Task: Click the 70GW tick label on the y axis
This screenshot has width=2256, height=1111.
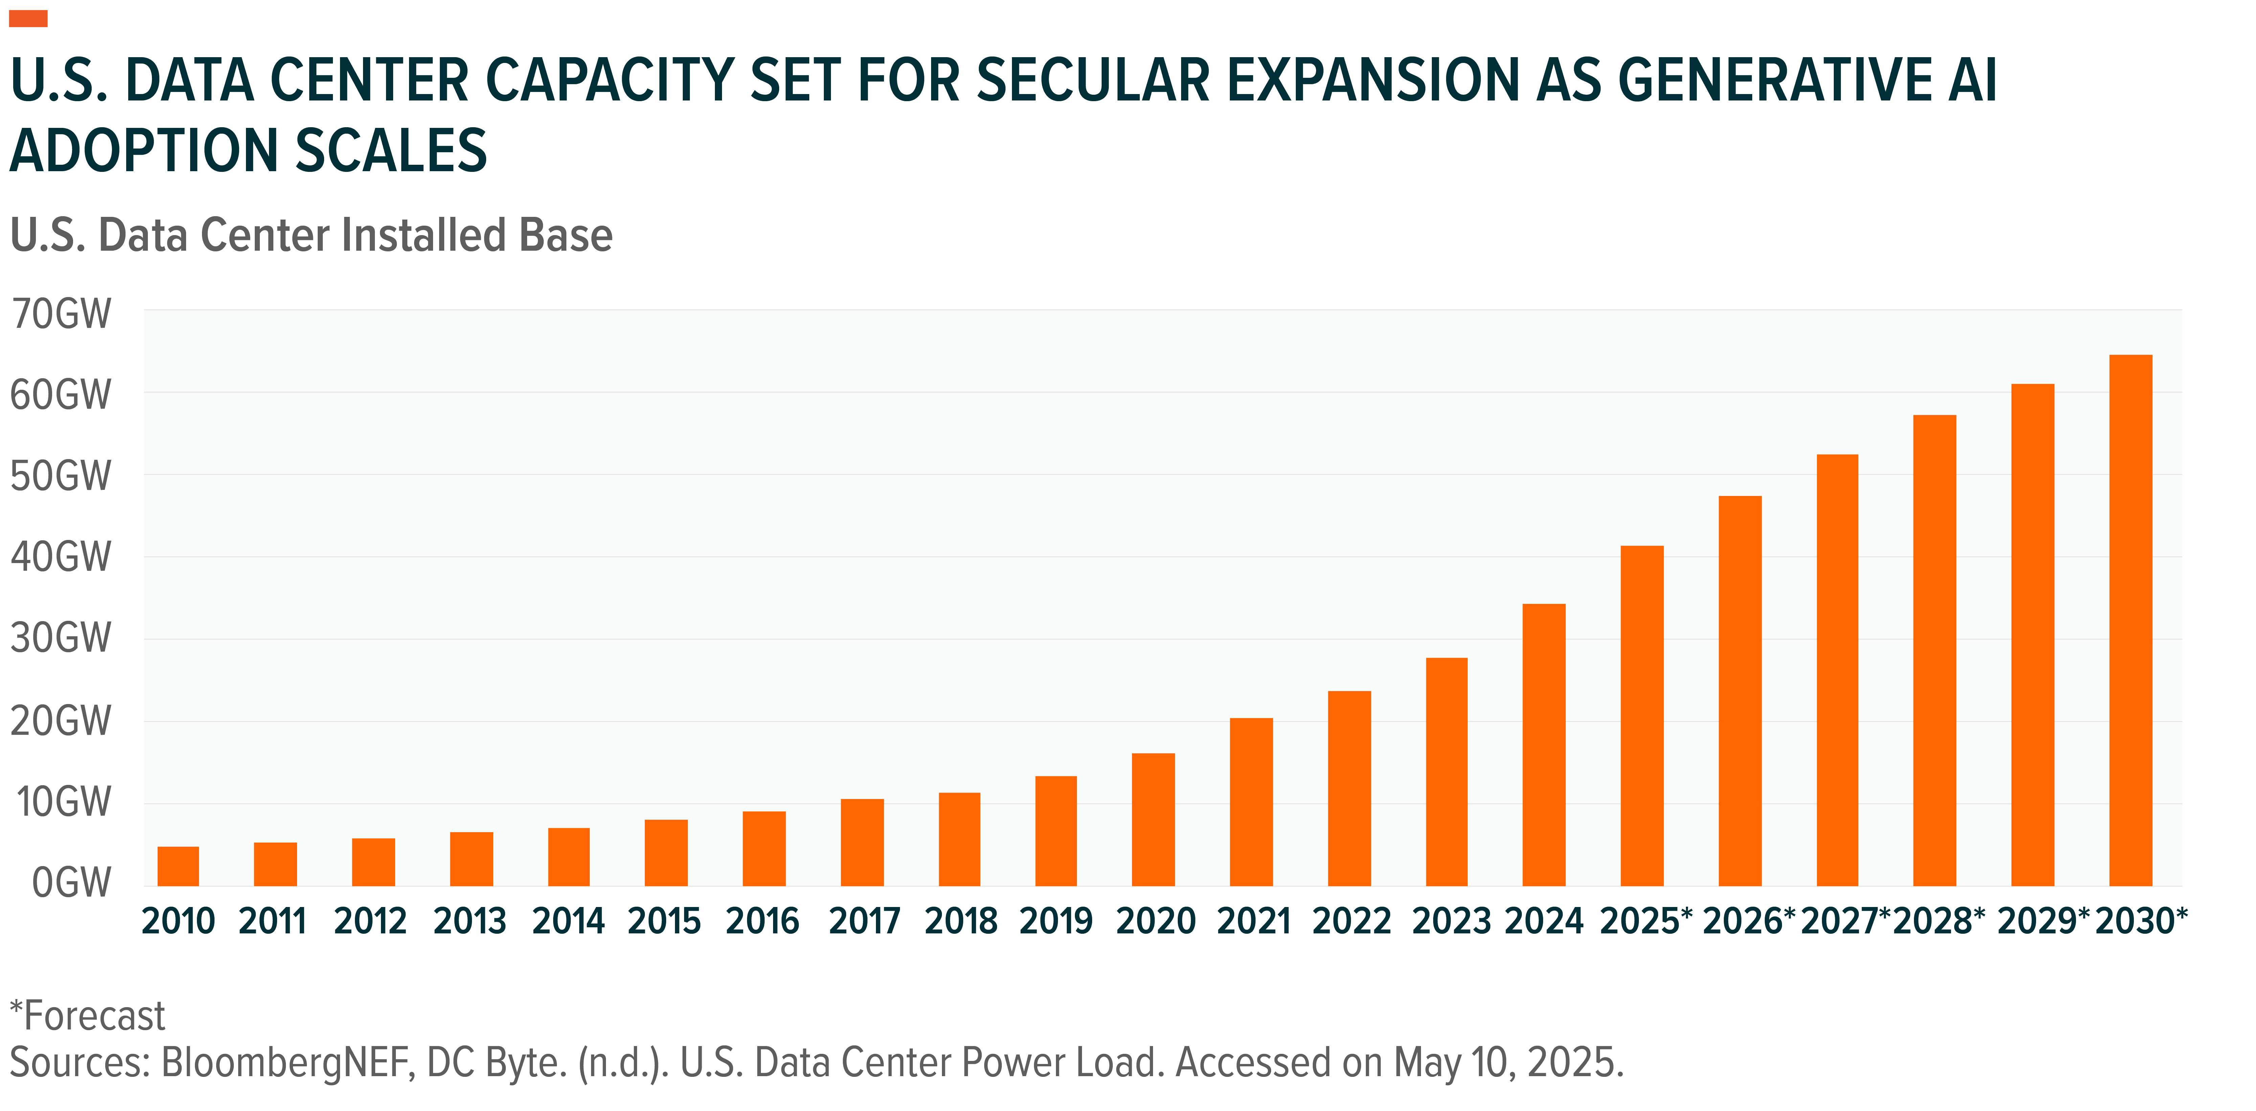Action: (x=61, y=314)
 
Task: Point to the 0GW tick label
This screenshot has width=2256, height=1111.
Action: (x=72, y=883)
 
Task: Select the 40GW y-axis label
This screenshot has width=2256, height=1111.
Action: (x=61, y=557)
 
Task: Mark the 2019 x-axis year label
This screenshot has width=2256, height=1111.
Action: (x=1056, y=921)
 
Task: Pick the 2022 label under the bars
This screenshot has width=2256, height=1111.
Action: (x=1351, y=921)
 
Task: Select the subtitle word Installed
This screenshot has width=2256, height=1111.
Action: (x=423, y=235)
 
